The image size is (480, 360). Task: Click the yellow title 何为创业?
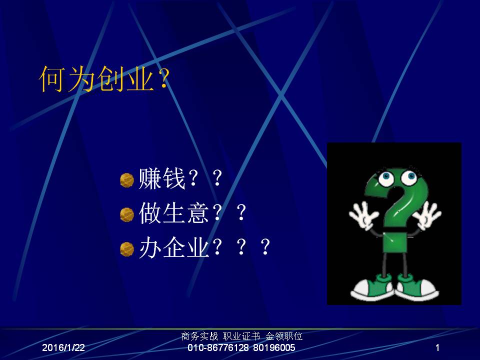coord(104,79)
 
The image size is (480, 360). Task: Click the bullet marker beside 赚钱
coord(126,180)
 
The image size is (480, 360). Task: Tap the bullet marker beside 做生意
coord(126,214)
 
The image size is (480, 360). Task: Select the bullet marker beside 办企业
coord(126,249)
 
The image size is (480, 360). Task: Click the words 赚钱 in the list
coord(162,179)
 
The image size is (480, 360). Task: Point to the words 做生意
coord(174,213)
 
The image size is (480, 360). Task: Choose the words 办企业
coord(174,247)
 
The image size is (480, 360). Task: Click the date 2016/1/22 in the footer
coord(63,347)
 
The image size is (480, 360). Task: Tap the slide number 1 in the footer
coord(437,347)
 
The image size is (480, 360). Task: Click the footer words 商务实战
coord(199,336)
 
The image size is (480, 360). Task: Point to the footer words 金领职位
coord(284,336)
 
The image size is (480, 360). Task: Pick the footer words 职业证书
coord(241,336)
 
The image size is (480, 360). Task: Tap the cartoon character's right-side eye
coord(409,177)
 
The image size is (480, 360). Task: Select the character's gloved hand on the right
coord(426,215)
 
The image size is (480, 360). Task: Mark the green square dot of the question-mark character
coord(395,242)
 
